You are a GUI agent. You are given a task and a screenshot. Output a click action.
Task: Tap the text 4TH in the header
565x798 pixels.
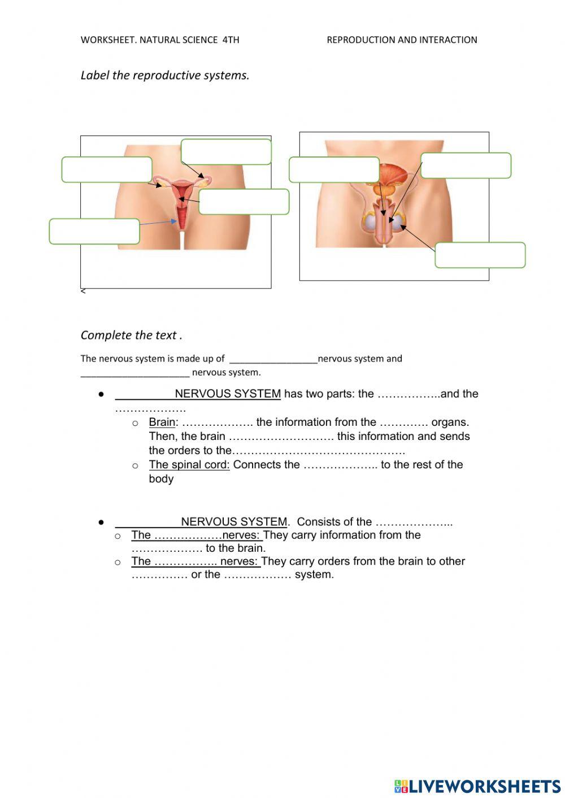pyautogui.click(x=231, y=40)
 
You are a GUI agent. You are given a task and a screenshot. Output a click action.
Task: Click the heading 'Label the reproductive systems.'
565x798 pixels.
pyautogui.click(x=164, y=76)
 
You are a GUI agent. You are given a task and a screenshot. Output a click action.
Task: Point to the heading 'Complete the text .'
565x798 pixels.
pyautogui.click(x=131, y=335)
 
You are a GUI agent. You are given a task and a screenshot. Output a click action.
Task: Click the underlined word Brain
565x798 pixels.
pyautogui.click(x=162, y=422)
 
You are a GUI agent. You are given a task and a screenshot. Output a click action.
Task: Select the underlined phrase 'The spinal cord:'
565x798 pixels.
pyautogui.click(x=189, y=465)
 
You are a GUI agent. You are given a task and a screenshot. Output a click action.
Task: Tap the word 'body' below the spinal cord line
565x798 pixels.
pyautogui.click(x=161, y=479)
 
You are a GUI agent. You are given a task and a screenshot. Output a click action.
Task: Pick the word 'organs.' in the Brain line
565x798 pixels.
pyautogui.click(x=450, y=422)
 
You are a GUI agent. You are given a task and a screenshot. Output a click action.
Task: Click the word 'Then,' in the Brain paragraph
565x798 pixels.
pyautogui.click(x=163, y=437)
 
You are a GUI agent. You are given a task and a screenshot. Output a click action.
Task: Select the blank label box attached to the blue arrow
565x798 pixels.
pyautogui.click(x=94, y=232)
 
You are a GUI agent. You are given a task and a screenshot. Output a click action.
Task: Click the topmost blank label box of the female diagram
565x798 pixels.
pyautogui.click(x=226, y=152)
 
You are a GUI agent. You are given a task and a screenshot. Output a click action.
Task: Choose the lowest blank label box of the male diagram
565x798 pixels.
pyautogui.click(x=480, y=255)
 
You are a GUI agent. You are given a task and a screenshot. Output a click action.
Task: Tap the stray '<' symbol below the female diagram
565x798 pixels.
pyautogui.click(x=83, y=291)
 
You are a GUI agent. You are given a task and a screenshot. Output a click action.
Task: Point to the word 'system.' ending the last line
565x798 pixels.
pyautogui.click(x=314, y=575)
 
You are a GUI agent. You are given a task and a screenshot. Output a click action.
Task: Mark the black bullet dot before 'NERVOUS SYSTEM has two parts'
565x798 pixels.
pyautogui.click(x=101, y=394)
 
